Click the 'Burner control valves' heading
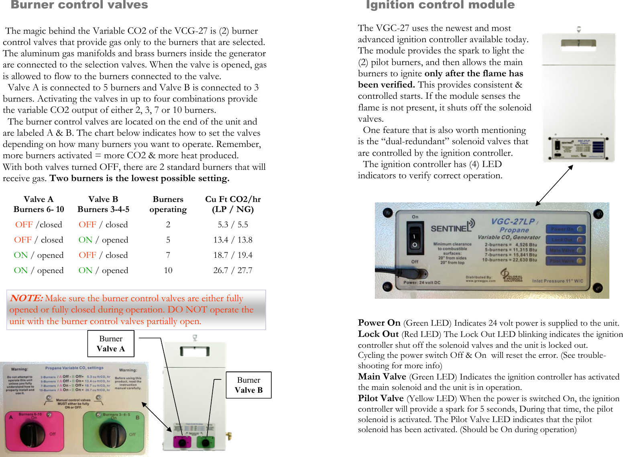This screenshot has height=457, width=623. (79, 5)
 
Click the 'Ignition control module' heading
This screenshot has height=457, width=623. (440, 5)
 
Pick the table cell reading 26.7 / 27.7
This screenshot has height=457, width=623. (233, 270)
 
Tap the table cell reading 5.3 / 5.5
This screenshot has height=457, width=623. (233, 224)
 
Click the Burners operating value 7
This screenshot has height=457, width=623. (168, 255)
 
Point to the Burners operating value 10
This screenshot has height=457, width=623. (168, 270)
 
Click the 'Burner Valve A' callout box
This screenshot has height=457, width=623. (111, 344)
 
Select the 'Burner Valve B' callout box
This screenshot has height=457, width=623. (248, 385)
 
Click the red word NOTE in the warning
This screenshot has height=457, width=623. (26, 298)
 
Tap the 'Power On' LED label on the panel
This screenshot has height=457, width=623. (562, 229)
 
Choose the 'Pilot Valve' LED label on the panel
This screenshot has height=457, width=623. (562, 261)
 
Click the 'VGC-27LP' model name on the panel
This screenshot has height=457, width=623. (513, 222)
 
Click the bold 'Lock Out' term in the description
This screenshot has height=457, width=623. (378, 334)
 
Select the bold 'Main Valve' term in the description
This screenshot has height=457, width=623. (382, 377)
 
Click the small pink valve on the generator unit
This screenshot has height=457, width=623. (181, 442)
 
